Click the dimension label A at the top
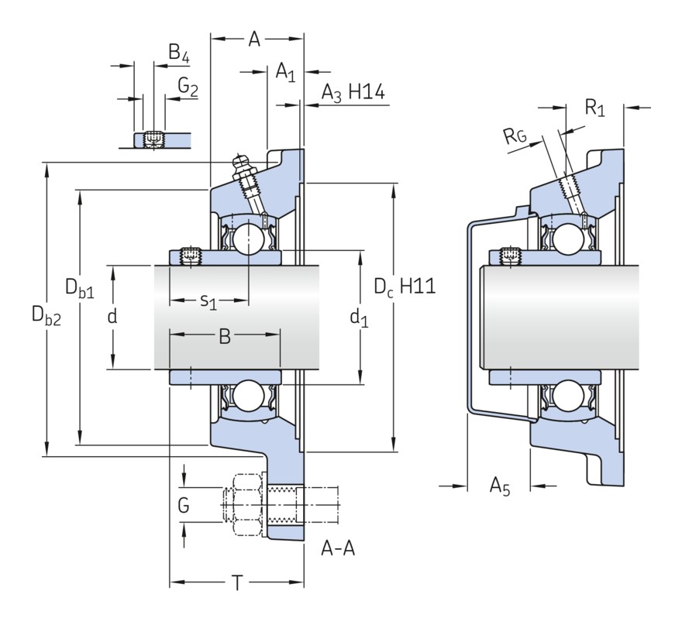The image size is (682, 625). click(x=253, y=39)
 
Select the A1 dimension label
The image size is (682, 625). click(x=285, y=73)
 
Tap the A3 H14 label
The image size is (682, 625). click(x=353, y=94)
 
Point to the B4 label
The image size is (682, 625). click(x=179, y=53)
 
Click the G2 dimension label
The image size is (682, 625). click(x=188, y=87)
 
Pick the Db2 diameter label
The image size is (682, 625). click(x=46, y=314)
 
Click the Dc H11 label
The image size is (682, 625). click(x=404, y=287)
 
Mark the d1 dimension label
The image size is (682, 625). click(x=359, y=316)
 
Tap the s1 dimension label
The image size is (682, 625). click(x=208, y=300)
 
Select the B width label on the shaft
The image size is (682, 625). click(x=224, y=336)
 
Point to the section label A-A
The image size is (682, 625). click(x=338, y=549)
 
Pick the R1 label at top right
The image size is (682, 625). click(x=594, y=108)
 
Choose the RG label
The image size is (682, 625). click(x=514, y=138)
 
